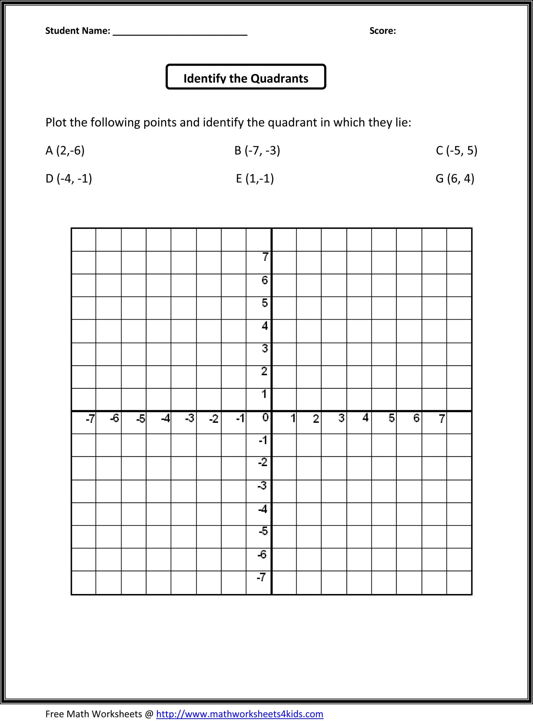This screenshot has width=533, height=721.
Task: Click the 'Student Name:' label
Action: (x=78, y=31)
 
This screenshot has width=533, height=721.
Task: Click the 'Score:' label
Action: (x=382, y=31)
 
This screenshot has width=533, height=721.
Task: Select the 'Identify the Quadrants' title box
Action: (x=246, y=77)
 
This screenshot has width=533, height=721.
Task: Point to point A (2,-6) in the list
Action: (x=65, y=150)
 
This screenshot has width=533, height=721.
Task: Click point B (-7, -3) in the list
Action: (x=257, y=150)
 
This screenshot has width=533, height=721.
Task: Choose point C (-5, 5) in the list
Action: (x=456, y=150)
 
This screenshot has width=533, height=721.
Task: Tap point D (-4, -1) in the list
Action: (x=69, y=178)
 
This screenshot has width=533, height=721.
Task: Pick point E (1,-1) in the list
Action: (x=255, y=178)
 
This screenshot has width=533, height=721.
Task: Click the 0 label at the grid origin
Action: (x=265, y=418)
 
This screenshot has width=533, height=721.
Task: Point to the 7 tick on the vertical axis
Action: (x=265, y=257)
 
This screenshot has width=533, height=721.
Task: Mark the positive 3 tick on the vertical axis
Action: (x=265, y=349)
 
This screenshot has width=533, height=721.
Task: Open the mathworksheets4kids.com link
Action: (x=239, y=714)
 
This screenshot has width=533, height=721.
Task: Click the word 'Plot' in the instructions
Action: (x=56, y=123)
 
